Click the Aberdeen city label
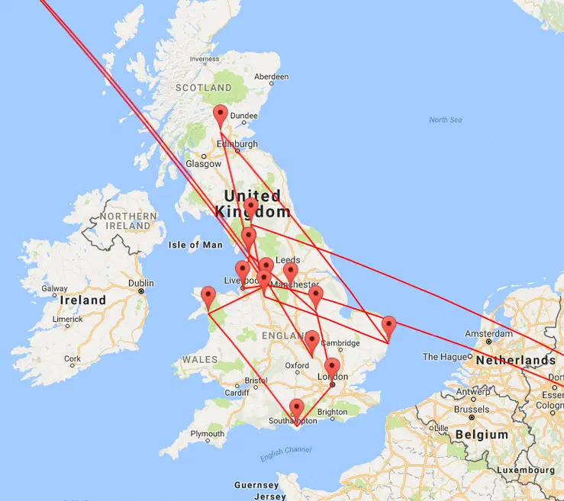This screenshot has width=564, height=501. pos(272,76)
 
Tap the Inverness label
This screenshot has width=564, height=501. pos(204,59)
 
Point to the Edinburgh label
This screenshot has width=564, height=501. pos(237,143)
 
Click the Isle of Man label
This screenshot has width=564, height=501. pos(195,245)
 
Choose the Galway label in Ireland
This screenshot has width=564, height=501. pos(55,289)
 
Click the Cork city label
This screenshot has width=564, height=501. pos(73,358)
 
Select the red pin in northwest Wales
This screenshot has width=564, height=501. pos(208,297)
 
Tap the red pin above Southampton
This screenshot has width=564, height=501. pos(296,409)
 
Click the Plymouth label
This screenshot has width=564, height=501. pos(208,434)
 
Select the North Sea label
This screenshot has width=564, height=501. pos(445,120)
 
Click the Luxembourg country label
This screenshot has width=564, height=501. pos(525,470)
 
